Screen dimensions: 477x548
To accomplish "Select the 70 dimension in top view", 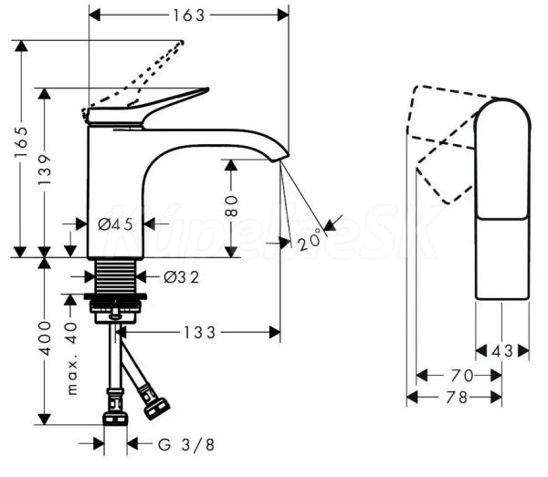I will pos(460,374).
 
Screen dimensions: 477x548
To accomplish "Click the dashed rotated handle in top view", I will pos(446,146).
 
